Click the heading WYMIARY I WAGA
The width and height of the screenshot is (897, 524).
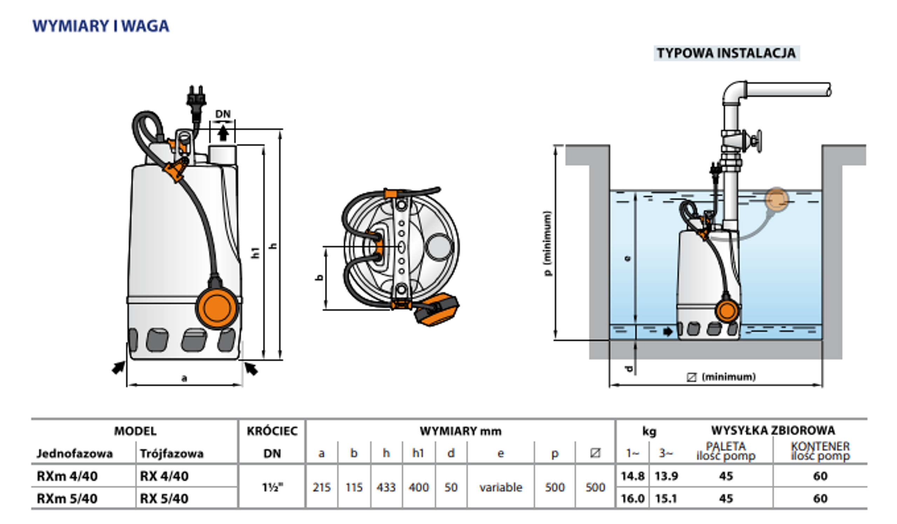[x=101, y=26]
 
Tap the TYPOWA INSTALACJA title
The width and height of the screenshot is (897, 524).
[x=726, y=53]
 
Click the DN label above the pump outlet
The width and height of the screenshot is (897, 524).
[x=223, y=114]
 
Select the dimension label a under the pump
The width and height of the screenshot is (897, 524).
[x=184, y=378]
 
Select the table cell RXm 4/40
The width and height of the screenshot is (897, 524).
[x=67, y=476]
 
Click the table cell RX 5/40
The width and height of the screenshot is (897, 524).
[x=164, y=499]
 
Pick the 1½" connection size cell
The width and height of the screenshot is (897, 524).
[x=273, y=487]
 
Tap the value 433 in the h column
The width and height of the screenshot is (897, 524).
[x=386, y=487]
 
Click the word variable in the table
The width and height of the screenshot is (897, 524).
[x=500, y=487]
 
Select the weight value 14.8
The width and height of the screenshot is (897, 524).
[x=632, y=476]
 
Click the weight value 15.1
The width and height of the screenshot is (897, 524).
[x=666, y=499]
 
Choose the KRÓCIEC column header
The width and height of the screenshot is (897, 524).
[x=272, y=431]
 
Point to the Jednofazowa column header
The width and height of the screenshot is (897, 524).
[x=75, y=454]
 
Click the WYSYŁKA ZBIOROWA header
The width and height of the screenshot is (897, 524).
[x=773, y=430]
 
